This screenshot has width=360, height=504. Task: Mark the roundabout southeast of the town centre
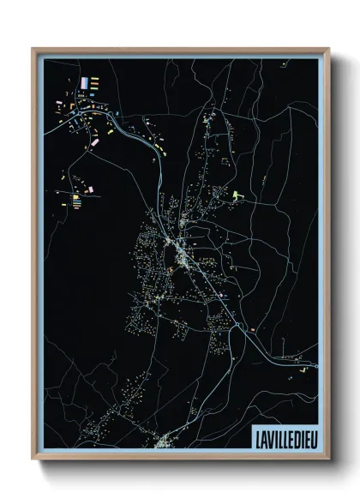[x=248, y=328]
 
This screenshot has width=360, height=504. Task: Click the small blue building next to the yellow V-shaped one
[x=315, y=365]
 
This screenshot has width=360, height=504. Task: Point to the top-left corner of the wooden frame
[x=33, y=48]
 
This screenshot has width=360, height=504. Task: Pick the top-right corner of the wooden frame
[x=328, y=48]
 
